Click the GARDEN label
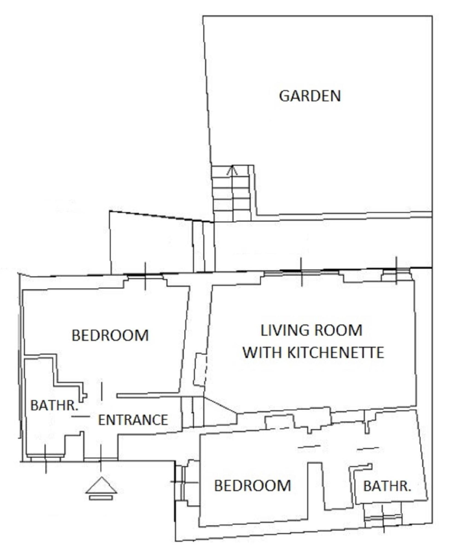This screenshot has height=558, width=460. point(310,96)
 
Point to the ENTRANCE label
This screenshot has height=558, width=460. point(133,420)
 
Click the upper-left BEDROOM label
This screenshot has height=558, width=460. point(110,335)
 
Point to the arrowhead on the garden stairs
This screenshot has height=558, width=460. point(232,170)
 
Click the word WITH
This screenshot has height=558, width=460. point(262,352)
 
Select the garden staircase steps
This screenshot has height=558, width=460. point(232,193)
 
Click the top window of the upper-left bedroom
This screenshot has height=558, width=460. point(145,276)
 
